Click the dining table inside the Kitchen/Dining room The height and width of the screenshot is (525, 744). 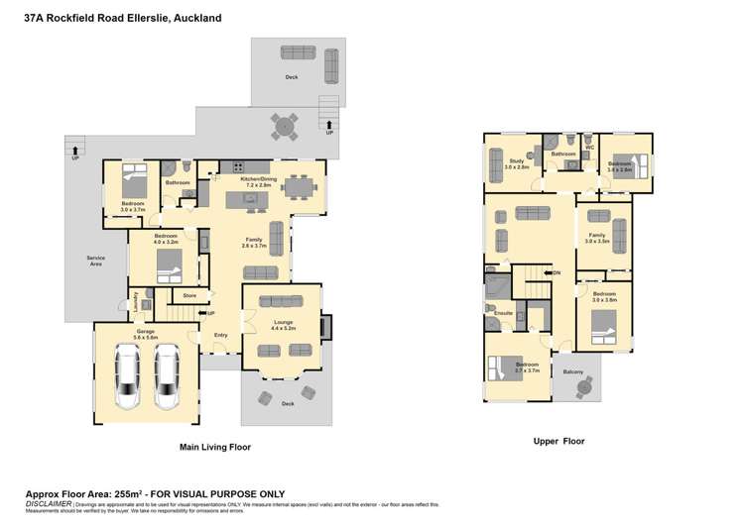pyautogui.click(x=297, y=185)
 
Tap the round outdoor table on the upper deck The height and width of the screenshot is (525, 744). pyautogui.click(x=285, y=126)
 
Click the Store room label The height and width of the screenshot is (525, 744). pyautogui.click(x=189, y=294)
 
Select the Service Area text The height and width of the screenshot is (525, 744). pyautogui.click(x=95, y=261)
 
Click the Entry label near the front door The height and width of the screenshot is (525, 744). pyautogui.click(x=221, y=335)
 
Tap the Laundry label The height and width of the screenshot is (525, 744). pyautogui.click(x=135, y=303)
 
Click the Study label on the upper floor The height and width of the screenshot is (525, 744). pyautogui.click(x=516, y=160)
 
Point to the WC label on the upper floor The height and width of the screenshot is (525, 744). pyautogui.click(x=589, y=148)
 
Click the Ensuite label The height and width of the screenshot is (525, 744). pyautogui.click(x=503, y=313)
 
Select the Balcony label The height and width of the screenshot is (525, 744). pyautogui.click(x=573, y=371)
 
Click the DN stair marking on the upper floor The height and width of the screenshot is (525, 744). pyautogui.click(x=556, y=272)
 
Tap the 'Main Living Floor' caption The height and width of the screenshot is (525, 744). pyautogui.click(x=214, y=448)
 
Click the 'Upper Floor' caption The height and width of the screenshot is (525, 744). pyautogui.click(x=559, y=441)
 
